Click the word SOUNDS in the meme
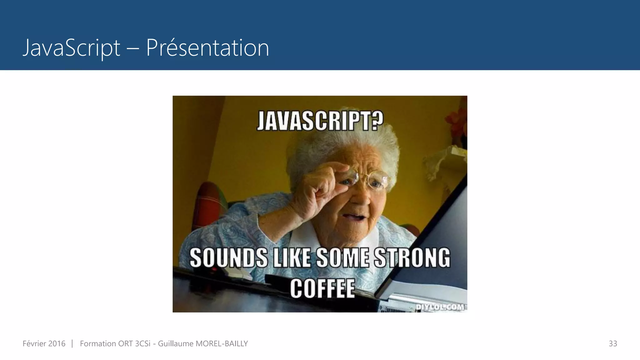pyautogui.click(x=228, y=258)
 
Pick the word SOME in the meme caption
pyautogui.click(x=342, y=258)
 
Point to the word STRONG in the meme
pyautogui.click(x=412, y=258)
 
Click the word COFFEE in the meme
pyautogui.click(x=322, y=288)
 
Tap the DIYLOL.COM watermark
pyautogui.click(x=440, y=307)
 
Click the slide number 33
pyautogui.click(x=612, y=344)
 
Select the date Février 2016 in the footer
pyautogui.click(x=44, y=344)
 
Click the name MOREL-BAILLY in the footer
pyautogui.click(x=222, y=344)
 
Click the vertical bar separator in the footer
pyautogui.click(x=72, y=344)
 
